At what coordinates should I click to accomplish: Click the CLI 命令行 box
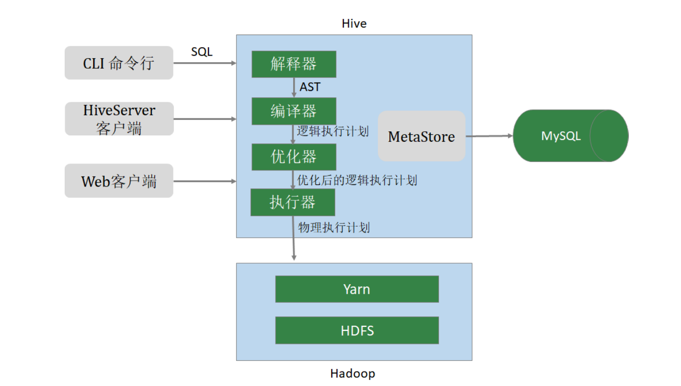[x=119, y=63]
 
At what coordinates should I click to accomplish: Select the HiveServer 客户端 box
[x=119, y=119]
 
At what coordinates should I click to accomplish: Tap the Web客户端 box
[x=119, y=180]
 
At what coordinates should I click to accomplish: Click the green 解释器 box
[x=294, y=64]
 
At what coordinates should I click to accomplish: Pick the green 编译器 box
[x=294, y=111]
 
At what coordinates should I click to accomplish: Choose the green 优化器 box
[x=294, y=157]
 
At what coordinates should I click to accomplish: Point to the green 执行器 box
[x=293, y=202]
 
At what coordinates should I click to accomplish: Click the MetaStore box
[x=421, y=136]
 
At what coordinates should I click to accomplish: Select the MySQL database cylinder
[x=570, y=136]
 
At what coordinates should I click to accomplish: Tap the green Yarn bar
[x=357, y=289]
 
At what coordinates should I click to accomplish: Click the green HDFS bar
[x=357, y=330]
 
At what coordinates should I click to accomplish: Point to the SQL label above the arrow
[x=201, y=52]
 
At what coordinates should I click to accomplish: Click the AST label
[x=310, y=87]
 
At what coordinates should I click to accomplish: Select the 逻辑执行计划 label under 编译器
[x=333, y=131]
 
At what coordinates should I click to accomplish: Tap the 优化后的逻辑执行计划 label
[x=357, y=180]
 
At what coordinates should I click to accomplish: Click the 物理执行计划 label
[x=334, y=227]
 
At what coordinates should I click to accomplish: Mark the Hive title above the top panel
[x=354, y=24]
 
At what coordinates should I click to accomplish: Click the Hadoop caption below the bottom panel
[x=353, y=373]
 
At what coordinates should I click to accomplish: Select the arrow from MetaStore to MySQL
[x=489, y=136]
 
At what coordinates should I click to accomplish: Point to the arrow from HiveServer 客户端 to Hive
[x=204, y=119]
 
